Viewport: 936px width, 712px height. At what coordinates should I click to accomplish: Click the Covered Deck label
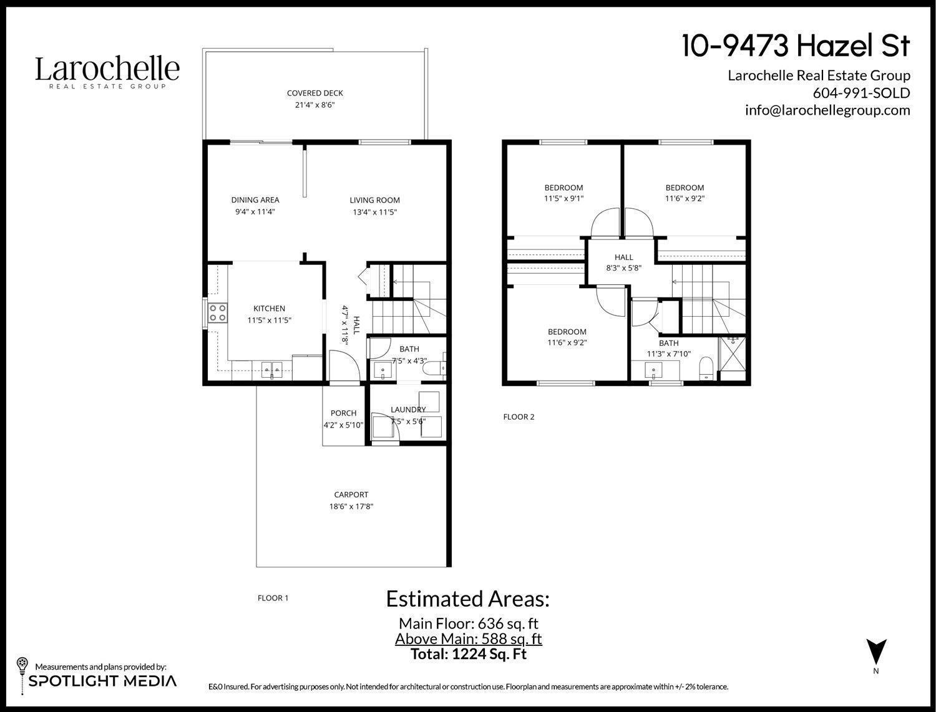coord(315,94)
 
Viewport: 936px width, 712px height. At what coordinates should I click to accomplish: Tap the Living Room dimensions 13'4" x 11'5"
coord(374,212)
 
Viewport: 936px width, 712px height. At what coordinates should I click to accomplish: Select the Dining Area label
coord(255,200)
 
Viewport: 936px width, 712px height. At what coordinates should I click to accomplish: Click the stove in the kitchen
coord(218,312)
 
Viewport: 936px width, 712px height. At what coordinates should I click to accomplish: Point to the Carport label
coord(351,495)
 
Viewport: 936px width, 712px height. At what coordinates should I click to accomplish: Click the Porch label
coord(343,413)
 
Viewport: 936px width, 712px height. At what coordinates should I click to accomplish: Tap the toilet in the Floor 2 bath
coord(706,368)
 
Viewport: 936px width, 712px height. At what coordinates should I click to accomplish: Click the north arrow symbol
coord(876,652)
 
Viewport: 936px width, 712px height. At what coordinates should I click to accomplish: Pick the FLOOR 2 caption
coord(519,417)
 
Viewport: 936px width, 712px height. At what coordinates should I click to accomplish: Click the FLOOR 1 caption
coord(273,599)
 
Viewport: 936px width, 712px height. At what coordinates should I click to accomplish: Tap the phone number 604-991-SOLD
coord(861,93)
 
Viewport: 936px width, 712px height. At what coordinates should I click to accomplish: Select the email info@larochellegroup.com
coord(827,110)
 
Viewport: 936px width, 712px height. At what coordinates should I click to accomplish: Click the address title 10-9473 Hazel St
coord(796,46)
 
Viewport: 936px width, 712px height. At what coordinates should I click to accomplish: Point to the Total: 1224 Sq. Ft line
coord(468,654)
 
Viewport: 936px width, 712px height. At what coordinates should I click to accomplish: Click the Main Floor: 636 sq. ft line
coord(468,623)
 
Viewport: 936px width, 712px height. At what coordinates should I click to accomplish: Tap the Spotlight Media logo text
coord(103,681)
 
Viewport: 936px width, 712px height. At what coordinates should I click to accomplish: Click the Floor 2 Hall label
coord(623,257)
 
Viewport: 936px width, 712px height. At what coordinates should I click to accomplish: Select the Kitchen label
coord(269,309)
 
